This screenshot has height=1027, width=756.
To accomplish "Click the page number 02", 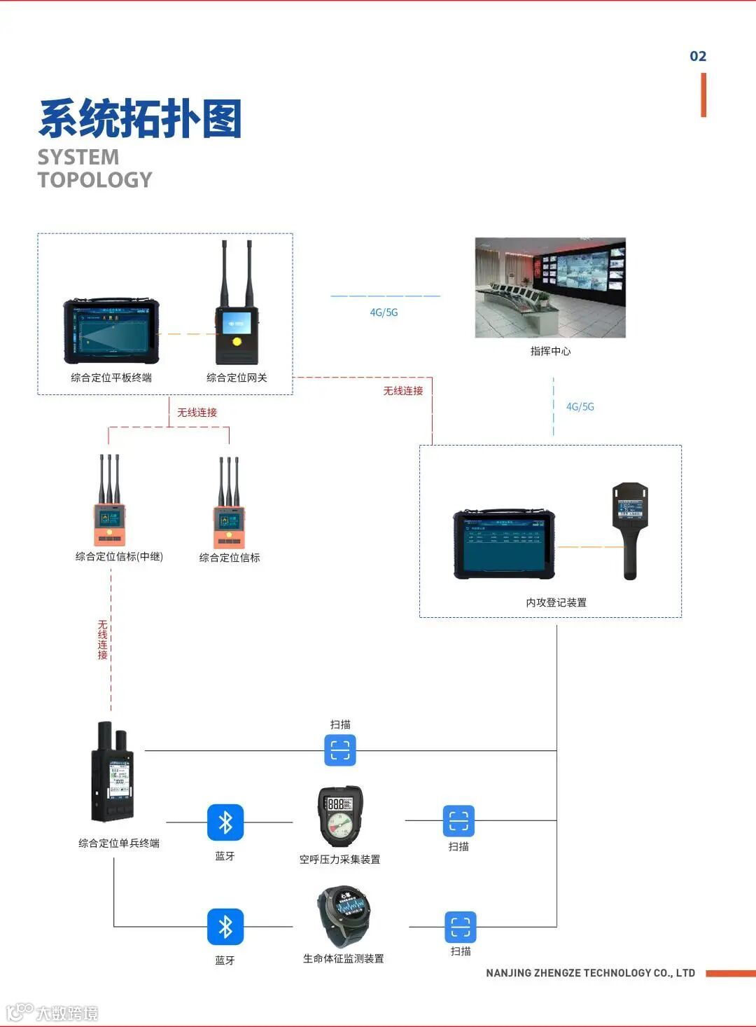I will pyautogui.click(x=698, y=56).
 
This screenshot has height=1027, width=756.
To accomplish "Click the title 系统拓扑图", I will pyautogui.click(x=140, y=118).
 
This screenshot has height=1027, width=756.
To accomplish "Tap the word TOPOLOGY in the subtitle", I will pyautogui.click(x=94, y=180).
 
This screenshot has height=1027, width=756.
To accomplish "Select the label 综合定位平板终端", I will pyautogui.click(x=111, y=378).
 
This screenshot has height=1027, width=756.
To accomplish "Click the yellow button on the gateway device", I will pyautogui.click(x=237, y=342).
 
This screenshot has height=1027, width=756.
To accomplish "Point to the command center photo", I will pyautogui.click(x=550, y=287).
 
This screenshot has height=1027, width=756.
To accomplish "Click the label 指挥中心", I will pyautogui.click(x=550, y=351).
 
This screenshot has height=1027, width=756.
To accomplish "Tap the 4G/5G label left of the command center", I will pyautogui.click(x=384, y=312).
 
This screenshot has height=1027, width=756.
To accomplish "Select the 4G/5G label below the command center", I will pyautogui.click(x=580, y=406).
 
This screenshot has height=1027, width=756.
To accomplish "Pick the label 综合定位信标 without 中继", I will pyautogui.click(x=230, y=558).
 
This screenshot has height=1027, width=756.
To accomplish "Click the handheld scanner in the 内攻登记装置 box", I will pyautogui.click(x=629, y=529).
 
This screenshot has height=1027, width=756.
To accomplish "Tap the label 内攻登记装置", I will pyautogui.click(x=556, y=602).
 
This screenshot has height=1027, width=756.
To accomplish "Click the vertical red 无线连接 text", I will pyautogui.click(x=103, y=640).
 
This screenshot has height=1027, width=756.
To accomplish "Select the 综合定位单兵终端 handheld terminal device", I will pyautogui.click(x=112, y=773).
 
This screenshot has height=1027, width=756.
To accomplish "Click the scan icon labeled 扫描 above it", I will pyautogui.click(x=340, y=750).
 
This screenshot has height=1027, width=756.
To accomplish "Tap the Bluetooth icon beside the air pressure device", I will pyautogui.click(x=225, y=822).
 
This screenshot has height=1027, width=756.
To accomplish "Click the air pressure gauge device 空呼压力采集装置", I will pyautogui.click(x=340, y=815).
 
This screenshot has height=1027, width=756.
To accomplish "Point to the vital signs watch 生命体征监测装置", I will pyautogui.click(x=342, y=916).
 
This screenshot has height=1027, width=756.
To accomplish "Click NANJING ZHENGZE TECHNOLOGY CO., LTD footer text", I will pyautogui.click(x=590, y=973).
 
